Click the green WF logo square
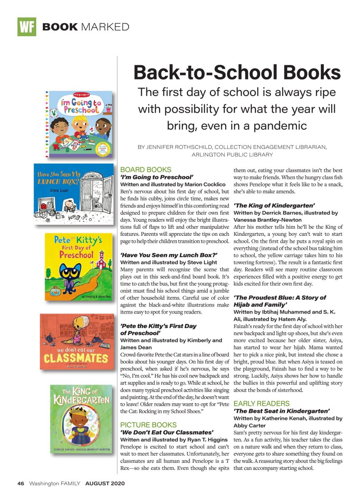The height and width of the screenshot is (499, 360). (27, 27)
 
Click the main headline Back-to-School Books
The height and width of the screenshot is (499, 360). (237, 73)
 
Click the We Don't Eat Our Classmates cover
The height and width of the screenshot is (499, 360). (77, 341)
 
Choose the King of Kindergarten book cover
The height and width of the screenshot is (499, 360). (81, 418)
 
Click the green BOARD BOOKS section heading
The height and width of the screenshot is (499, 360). (145, 170)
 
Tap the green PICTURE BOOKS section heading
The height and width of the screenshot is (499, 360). (148, 425)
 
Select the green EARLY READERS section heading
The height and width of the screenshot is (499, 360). (261, 403)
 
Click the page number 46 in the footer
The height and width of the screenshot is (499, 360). (21, 484)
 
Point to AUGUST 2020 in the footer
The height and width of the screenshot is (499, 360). (105, 484)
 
